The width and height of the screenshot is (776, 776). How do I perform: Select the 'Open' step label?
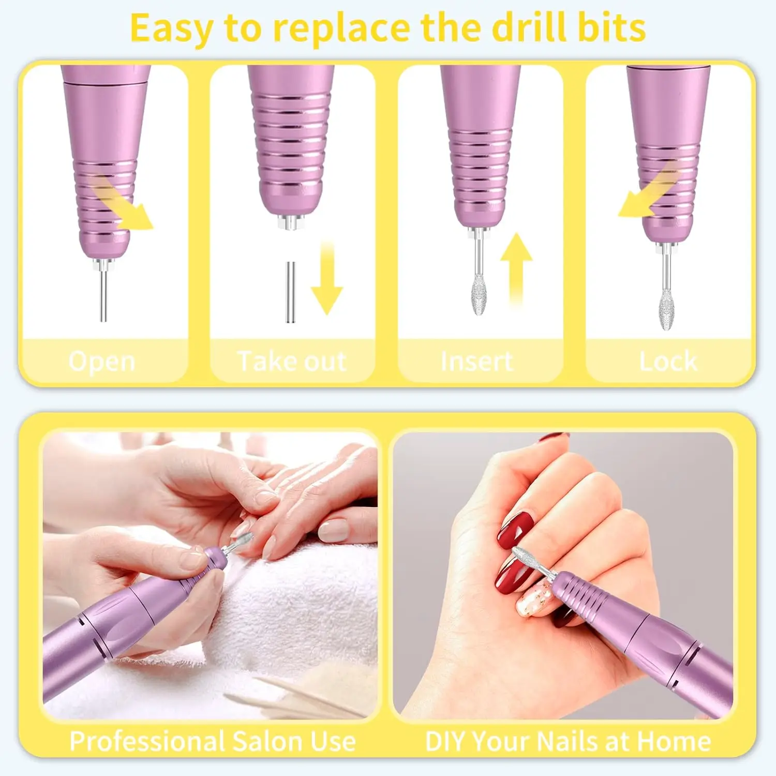[x=102, y=361]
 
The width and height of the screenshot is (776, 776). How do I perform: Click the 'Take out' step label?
[x=292, y=361]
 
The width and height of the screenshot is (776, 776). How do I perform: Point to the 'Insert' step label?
[x=476, y=361]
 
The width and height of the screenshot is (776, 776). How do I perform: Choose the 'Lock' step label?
[x=668, y=361]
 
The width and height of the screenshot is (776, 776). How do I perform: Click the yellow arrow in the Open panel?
[x=124, y=204]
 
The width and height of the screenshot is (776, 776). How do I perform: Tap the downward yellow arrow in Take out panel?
[x=326, y=279]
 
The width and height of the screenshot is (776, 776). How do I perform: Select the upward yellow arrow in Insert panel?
[x=516, y=269]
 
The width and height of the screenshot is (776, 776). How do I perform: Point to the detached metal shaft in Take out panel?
[x=290, y=292]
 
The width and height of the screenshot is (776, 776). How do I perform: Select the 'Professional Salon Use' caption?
[x=213, y=741]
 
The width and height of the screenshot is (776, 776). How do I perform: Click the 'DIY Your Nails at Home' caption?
[x=568, y=741]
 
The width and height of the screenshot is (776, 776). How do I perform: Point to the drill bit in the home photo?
[x=528, y=561]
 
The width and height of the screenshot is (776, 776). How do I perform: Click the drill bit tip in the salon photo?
[x=242, y=541]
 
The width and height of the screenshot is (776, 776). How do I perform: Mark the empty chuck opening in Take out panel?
[x=291, y=223]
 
